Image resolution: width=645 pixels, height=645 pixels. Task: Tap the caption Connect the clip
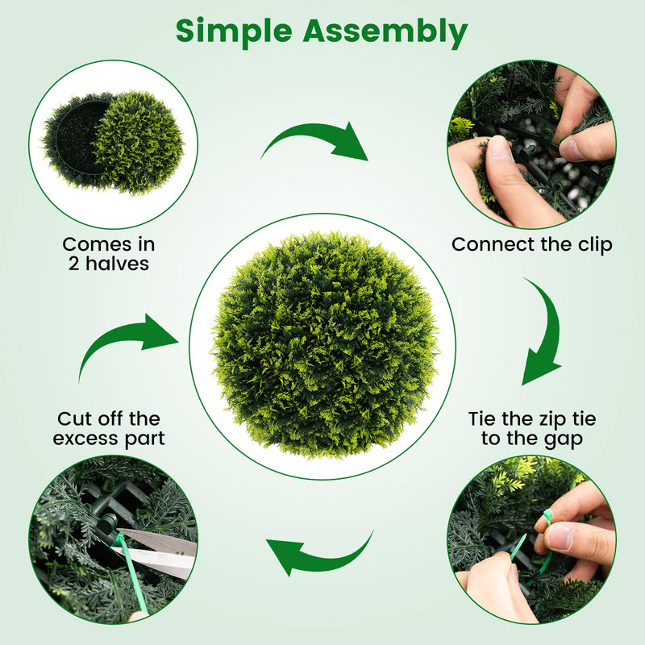pyautogui.click(x=532, y=244)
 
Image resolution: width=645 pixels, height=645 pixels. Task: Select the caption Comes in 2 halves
pyautogui.click(x=109, y=254)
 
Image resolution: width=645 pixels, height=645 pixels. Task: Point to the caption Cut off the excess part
pyautogui.click(x=109, y=429)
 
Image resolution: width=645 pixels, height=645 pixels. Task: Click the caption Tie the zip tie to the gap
pyautogui.click(x=532, y=429)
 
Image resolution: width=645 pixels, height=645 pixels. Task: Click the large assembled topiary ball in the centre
pyautogui.click(x=325, y=345)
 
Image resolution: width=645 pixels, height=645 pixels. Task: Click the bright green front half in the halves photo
pyautogui.click(x=139, y=143)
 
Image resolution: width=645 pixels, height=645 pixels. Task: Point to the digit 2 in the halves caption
pyautogui.click(x=73, y=264)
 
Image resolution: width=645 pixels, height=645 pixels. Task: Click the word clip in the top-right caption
pyautogui.click(x=595, y=244)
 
